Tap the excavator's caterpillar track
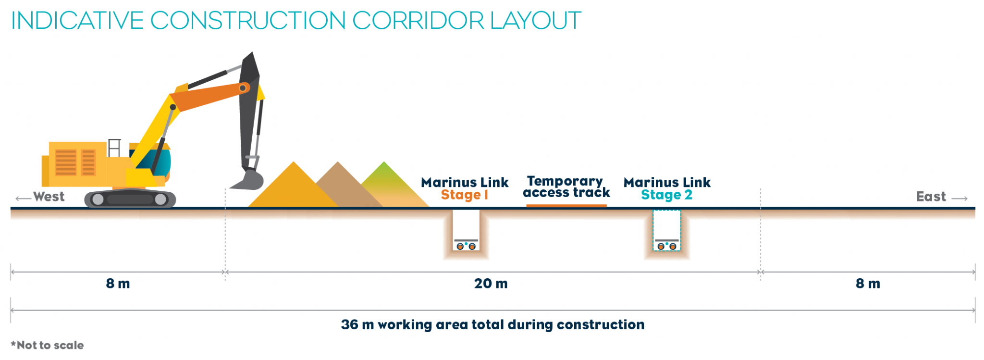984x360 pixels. coord(130,199)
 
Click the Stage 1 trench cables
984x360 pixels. coord(466,246)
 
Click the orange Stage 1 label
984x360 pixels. coord(464,195)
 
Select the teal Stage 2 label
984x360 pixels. coord(666,195)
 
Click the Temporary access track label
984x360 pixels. coord(566,186)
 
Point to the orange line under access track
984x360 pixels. coord(566,205)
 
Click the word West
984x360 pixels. coord(49,197)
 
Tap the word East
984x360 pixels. coord(931,197)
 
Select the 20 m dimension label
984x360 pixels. coord(491,284)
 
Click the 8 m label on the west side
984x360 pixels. coord(118,284)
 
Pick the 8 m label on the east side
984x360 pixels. coord(868,284)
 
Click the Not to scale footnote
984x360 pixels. coord(48,345)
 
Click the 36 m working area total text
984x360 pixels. coord(492,325)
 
